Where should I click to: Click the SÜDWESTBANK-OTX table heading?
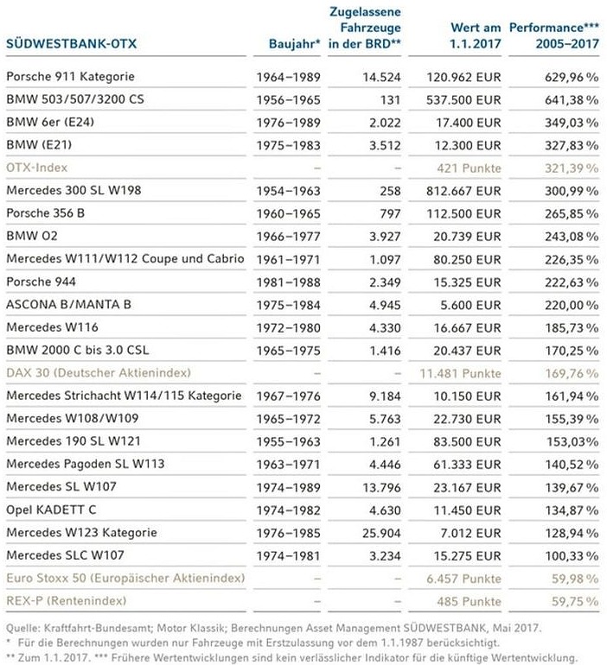pyautogui.click(x=71, y=44)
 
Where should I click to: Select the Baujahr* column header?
pyautogui.click(x=294, y=44)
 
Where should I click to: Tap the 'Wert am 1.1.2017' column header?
pyautogui.click(x=476, y=35)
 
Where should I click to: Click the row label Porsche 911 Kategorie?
pyautogui.click(x=70, y=77)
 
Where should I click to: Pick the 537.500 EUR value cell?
pyautogui.click(x=463, y=99)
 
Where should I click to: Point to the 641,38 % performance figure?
pyautogui.click(x=572, y=99)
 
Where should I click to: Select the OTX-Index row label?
pyautogui.click(x=36, y=168)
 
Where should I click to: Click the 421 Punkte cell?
pyautogui.click(x=469, y=168)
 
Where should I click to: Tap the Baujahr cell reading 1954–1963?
pyautogui.click(x=288, y=191)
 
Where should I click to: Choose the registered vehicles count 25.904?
pyautogui.click(x=381, y=533)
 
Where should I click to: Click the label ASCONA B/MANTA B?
pyautogui.click(x=69, y=305)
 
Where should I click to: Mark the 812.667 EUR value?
pyautogui.click(x=463, y=191)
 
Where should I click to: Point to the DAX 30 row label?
pyautogui.click(x=99, y=373)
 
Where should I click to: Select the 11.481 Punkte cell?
pyautogui.click(x=460, y=374)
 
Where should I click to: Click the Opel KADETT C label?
pyautogui.click(x=51, y=510)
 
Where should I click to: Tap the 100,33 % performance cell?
pyautogui.click(x=572, y=556)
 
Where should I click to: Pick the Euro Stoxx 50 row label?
pyautogui.click(x=125, y=578)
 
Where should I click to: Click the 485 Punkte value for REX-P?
pyautogui.click(x=469, y=601)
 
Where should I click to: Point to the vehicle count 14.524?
pyautogui.click(x=381, y=77)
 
